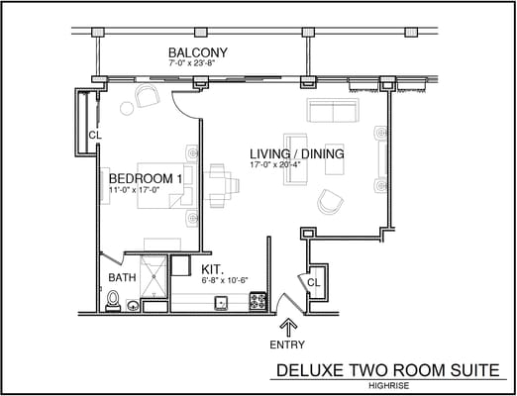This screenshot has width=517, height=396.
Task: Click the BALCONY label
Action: (x=198, y=52)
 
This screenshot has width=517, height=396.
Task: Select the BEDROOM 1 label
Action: (x=145, y=178)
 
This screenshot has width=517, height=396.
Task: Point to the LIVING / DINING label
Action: (x=296, y=154)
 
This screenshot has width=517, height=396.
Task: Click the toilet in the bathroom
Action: (x=112, y=298)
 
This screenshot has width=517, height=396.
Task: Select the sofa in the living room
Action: (x=334, y=110)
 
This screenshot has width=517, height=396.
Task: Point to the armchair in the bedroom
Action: (x=148, y=96)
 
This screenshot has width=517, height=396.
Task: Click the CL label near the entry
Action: (x=314, y=283)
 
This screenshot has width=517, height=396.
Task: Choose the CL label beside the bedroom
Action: (x=94, y=136)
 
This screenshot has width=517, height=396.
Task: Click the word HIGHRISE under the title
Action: (x=391, y=384)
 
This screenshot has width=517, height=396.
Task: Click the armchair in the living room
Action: (x=329, y=203)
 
